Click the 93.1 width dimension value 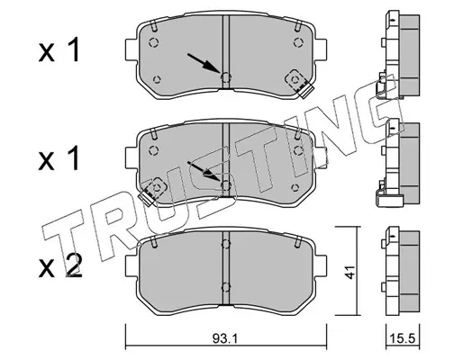[x=225, y=339]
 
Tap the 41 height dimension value [x=350, y=272]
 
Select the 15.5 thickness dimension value [x=403, y=339]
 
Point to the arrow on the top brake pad [x=204, y=63]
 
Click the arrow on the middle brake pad [x=204, y=171]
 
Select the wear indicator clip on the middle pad [x=152, y=192]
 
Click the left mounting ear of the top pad [x=131, y=49]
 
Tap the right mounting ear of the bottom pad [x=321, y=265]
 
